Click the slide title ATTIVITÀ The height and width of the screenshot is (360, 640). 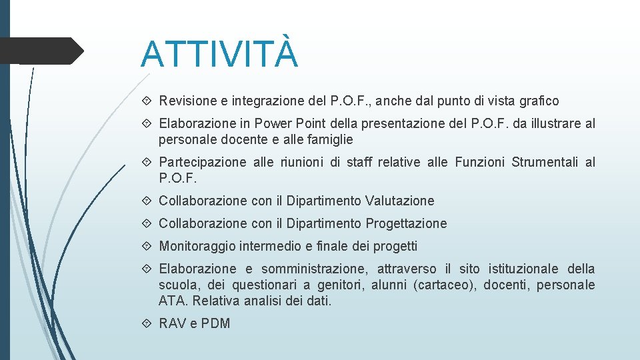[219, 54]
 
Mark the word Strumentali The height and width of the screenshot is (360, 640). [545, 163]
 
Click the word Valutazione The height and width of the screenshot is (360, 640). [400, 201]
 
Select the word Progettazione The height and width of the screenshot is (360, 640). [407, 223]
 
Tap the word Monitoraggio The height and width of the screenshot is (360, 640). [196, 246]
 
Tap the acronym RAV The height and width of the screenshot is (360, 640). [173, 323]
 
